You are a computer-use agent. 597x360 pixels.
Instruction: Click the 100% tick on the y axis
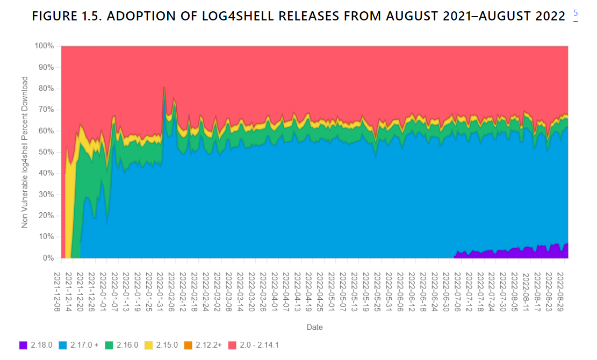45,46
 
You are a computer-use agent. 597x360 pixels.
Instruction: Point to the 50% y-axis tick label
47,152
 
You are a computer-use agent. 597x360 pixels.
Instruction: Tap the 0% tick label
49,258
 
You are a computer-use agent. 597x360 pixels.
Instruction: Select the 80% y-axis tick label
47,89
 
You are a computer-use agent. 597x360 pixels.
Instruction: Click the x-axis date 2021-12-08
57,291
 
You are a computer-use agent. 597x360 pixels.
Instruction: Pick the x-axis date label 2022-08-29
561,291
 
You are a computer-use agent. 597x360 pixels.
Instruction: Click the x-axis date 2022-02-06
172,291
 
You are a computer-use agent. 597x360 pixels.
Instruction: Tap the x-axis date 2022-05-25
378,291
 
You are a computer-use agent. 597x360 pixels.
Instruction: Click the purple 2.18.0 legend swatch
23,344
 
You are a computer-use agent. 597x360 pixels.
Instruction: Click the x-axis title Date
314,327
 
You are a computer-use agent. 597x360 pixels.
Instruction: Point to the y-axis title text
25,152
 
